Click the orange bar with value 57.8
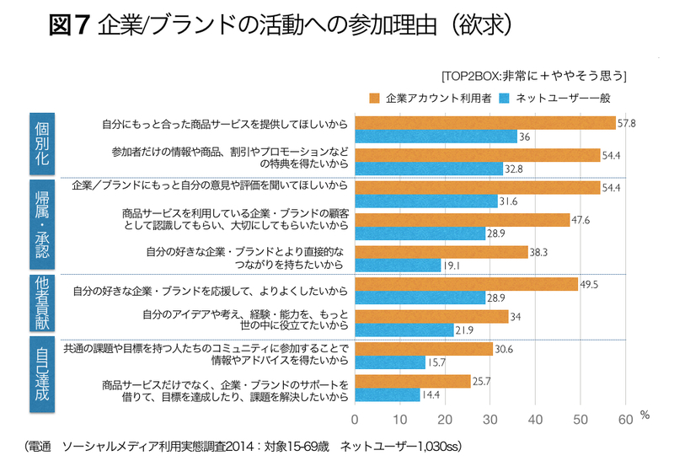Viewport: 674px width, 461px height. tap(485, 123)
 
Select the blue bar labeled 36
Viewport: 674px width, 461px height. tap(436, 137)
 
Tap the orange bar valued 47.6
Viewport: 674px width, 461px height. tap(463, 219)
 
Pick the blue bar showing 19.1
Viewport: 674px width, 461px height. tap(399, 265)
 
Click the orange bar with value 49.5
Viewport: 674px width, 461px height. tap(467, 283)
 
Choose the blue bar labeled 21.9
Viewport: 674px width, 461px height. tap(404, 329)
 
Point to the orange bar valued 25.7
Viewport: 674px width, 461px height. tap(413, 381)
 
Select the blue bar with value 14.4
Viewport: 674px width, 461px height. tap(388, 394)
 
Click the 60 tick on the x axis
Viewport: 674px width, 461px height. tap(625, 418)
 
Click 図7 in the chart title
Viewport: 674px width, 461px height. tap(69, 26)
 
